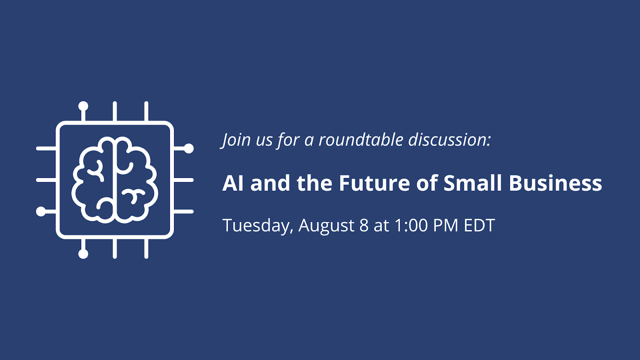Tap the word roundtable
[x=361, y=140]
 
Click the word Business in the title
[x=556, y=183]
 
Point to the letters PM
[x=446, y=226]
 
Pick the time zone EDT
[x=479, y=226]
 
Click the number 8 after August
[x=364, y=226]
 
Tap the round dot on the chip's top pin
[x=83, y=106]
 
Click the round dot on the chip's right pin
[x=188, y=148]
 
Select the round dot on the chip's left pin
[x=41, y=212]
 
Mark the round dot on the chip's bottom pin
[x=83, y=254]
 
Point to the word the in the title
[x=314, y=183]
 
